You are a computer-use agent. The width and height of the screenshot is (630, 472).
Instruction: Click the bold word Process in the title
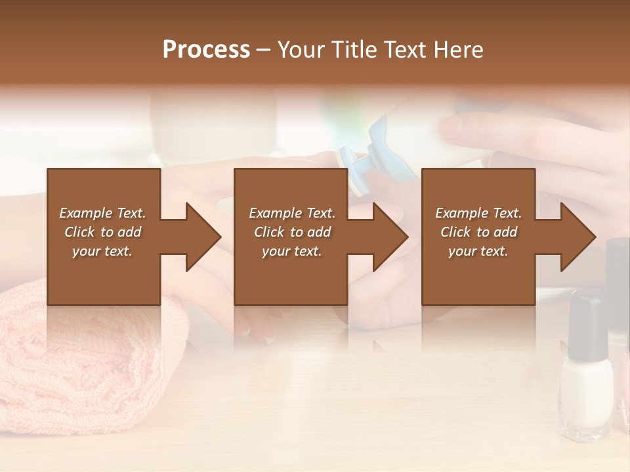[206, 50]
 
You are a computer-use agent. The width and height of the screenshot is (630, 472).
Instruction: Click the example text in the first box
[102, 232]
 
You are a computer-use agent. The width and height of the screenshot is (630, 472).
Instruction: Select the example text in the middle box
[292, 232]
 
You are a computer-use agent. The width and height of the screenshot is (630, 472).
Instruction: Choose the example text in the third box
[478, 232]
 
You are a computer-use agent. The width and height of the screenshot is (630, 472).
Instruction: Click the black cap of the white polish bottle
[585, 324]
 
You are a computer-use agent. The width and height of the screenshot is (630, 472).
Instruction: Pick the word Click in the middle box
[269, 232]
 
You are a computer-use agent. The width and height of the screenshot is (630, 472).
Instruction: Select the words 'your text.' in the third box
[478, 251]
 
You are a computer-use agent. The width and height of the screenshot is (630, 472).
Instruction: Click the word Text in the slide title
[406, 50]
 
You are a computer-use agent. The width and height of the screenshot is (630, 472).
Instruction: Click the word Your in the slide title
[299, 50]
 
